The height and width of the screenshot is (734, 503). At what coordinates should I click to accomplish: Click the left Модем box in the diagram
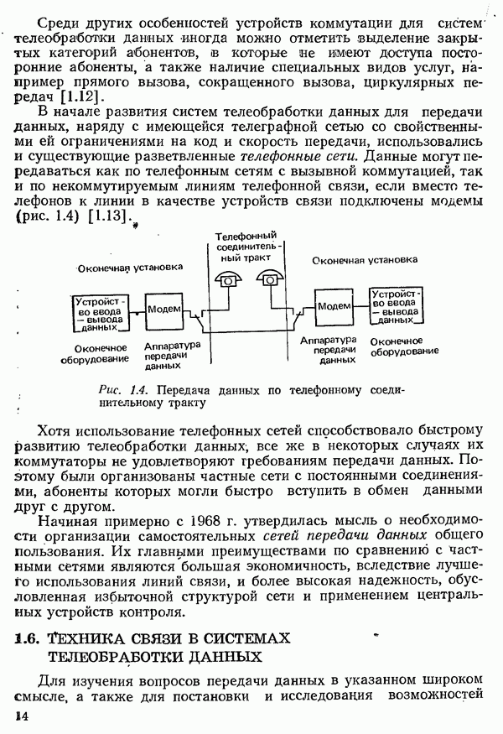coord(162,309)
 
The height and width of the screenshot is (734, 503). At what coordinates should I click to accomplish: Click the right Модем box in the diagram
coord(334,306)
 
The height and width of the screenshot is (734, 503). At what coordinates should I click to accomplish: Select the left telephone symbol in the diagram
coord(226,280)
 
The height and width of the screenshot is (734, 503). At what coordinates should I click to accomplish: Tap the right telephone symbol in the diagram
coord(270,279)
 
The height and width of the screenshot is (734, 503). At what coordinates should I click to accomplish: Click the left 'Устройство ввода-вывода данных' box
coord(99,313)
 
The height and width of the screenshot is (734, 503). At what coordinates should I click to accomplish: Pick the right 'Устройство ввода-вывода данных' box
coord(397,307)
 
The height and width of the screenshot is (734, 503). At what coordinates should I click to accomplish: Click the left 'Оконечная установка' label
coord(129,268)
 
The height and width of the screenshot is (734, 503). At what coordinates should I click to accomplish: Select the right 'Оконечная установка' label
coord(366,261)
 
